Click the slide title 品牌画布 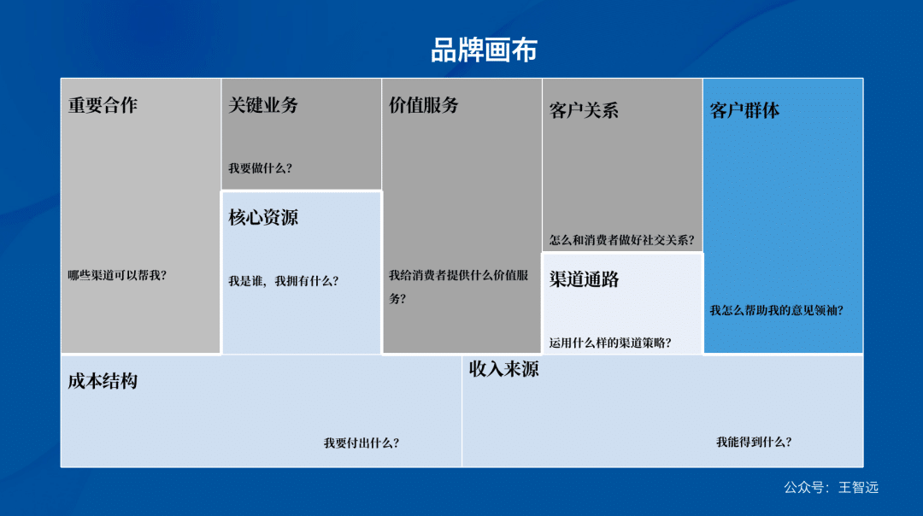484,50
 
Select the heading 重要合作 103,105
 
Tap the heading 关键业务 263,105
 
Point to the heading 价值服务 424,105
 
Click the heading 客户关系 584,110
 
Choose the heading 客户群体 744,110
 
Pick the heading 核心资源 263,217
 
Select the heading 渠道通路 584,279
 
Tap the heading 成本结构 103,381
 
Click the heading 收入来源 503,369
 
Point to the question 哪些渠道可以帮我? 117,275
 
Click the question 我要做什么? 260,168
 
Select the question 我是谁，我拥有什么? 283,280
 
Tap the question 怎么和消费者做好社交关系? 621,240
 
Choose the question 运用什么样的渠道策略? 610,343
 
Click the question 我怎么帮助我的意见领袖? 776,310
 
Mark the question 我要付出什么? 362,443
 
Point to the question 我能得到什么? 754,442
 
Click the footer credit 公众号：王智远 831,488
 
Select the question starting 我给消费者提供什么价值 458,276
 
